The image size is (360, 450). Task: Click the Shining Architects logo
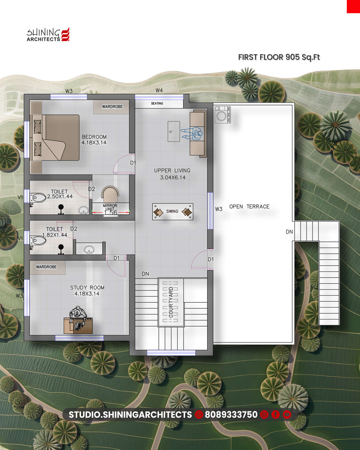click(x=48, y=34)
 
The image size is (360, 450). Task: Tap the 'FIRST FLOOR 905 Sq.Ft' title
click(x=279, y=57)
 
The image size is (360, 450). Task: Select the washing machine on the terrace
click(x=223, y=115)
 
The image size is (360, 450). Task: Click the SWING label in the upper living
click(x=172, y=211)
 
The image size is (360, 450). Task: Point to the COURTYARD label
click(x=171, y=302)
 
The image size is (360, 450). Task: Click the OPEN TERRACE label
click(x=249, y=207)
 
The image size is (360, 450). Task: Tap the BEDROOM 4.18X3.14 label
click(x=94, y=140)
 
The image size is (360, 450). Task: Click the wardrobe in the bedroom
click(x=111, y=107)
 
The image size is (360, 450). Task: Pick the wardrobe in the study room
click(x=47, y=267)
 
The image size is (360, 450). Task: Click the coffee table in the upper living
click(x=174, y=131)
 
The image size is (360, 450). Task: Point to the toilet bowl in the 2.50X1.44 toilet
click(x=38, y=198)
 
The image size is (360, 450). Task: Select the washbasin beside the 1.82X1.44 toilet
click(x=89, y=249)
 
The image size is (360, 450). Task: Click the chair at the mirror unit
click(x=110, y=194)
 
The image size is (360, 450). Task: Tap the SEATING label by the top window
click(x=157, y=103)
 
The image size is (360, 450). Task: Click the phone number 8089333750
click(x=231, y=415)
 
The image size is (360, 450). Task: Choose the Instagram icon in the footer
click(x=264, y=415)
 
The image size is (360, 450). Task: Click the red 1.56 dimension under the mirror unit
click(x=110, y=213)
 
